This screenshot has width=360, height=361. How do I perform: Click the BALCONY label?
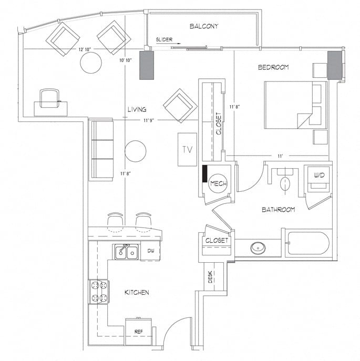pos(203,26)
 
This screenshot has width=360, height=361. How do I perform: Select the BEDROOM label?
pos(273,67)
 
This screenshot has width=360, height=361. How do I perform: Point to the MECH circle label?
pos(218,183)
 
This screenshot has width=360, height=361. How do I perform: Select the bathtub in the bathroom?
pos(307,243)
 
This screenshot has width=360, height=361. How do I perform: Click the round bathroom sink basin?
pos(258,247)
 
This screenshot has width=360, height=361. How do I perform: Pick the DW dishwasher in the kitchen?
pos(150,251)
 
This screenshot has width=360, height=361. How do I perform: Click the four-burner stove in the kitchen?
pos(99,292)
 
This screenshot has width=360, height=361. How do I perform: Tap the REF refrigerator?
pos(138,331)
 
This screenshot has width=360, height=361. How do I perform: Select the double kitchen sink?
pos(126,253)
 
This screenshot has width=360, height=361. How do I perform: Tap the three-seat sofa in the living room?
pos(101,150)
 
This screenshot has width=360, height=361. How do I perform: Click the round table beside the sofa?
pos(135,151)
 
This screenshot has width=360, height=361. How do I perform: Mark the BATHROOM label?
pos(278,210)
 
